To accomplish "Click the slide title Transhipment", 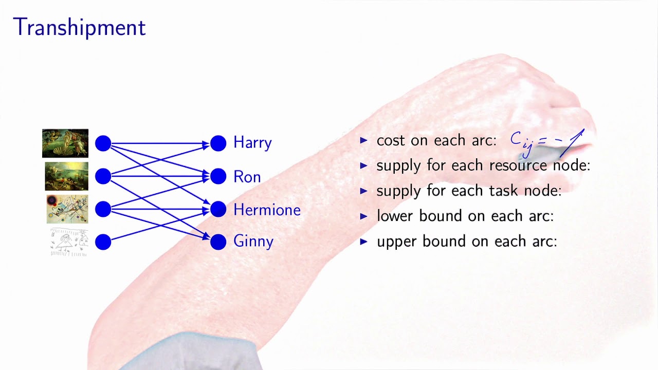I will click(79, 28).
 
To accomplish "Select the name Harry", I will click(252, 142).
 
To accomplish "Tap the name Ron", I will click(247, 177).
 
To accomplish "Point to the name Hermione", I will click(267, 210).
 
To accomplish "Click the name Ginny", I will click(253, 242).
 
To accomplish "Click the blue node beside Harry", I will click(218, 143).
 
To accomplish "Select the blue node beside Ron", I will click(218, 176).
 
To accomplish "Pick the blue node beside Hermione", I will click(218, 209).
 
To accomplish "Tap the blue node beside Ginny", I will click(218, 242).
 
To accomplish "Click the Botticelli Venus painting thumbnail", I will click(65, 143).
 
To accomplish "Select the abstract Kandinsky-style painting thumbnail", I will click(67, 209).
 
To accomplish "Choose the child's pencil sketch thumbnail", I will click(69, 242).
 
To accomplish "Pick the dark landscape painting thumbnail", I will click(66, 176).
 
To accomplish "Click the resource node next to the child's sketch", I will click(103, 242).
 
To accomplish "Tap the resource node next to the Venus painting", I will click(103, 143).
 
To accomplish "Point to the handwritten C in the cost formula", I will click(516, 139).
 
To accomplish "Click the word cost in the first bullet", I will click(391, 141).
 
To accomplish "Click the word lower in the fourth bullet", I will click(395, 216).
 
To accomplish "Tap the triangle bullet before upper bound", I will click(364, 241).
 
